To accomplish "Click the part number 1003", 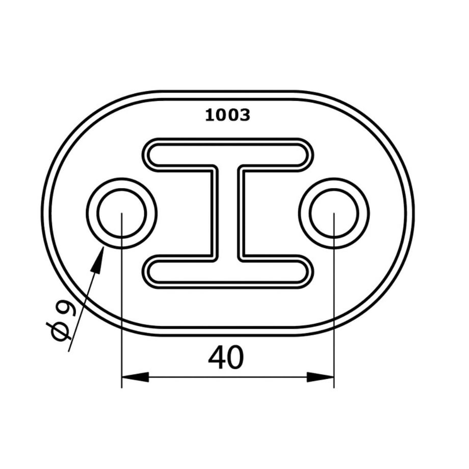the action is (228, 115).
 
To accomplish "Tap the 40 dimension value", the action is (226, 357).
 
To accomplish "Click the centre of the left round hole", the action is (122, 213).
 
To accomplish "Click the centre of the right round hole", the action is (334, 213).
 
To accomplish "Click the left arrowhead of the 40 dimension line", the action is (135, 377).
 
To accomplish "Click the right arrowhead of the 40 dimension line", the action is (320, 377).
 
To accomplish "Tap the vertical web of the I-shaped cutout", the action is (228, 213).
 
